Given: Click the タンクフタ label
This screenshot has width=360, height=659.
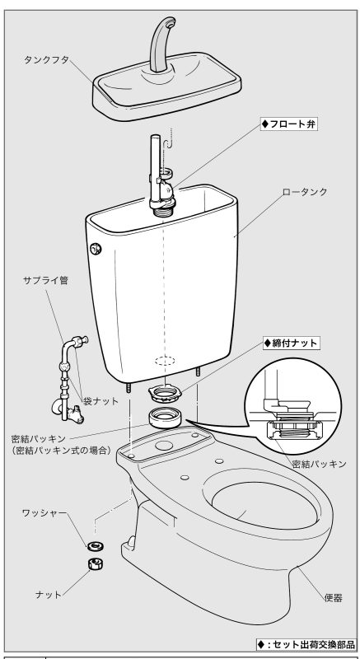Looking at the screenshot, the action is [x=46, y=60].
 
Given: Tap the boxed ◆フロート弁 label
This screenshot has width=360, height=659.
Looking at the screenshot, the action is [x=288, y=124].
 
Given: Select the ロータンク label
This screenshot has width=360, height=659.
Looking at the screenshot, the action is [x=305, y=193].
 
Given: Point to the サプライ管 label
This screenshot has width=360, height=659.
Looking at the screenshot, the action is [x=45, y=281].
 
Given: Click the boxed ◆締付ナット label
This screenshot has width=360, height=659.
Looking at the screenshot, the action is [x=290, y=343].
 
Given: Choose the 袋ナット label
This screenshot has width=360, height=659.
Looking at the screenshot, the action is [x=101, y=401].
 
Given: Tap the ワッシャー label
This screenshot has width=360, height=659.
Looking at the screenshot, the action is [x=44, y=513].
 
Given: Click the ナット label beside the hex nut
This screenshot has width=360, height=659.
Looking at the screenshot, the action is [x=49, y=595].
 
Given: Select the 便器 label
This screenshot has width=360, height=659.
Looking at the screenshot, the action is [x=333, y=597].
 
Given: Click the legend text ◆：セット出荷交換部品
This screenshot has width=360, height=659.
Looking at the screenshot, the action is [x=306, y=644].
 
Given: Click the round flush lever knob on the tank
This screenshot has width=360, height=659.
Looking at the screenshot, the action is [x=96, y=250].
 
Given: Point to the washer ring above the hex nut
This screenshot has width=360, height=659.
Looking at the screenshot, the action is [x=96, y=546].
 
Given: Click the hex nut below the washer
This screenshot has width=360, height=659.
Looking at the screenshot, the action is [x=96, y=564].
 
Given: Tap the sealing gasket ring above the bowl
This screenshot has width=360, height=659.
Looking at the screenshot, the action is [x=165, y=418].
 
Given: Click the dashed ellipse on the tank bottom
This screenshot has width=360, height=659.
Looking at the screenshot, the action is [x=165, y=361].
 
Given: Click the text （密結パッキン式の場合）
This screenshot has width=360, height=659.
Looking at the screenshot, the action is [x=61, y=451].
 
